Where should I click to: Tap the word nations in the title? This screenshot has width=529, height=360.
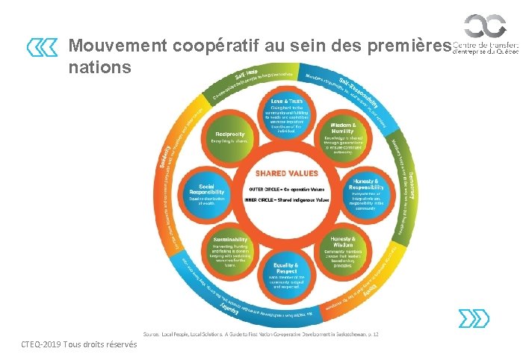point(99,67)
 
